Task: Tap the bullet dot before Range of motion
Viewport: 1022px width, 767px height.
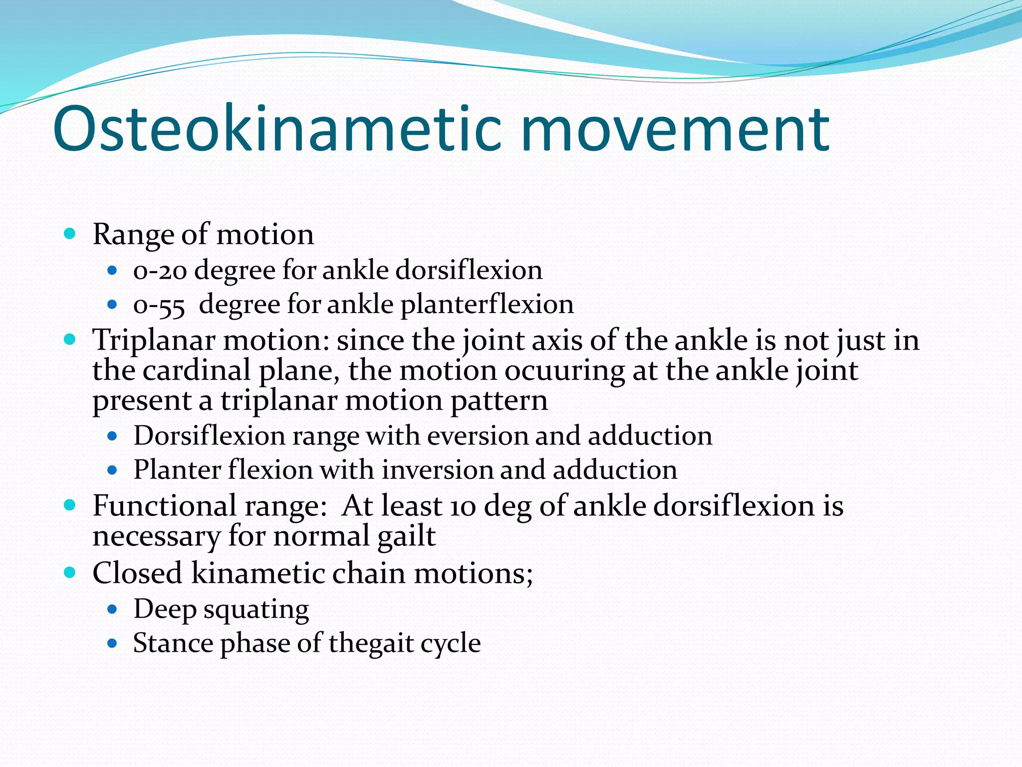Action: tap(70, 233)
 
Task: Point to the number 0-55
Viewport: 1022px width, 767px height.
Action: tap(159, 305)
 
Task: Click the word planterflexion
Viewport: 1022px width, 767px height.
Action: tap(487, 305)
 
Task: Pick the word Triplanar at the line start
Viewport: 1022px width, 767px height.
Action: tap(154, 341)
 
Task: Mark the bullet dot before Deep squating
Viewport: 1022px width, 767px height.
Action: tap(112, 609)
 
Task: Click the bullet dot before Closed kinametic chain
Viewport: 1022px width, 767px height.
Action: tap(70, 572)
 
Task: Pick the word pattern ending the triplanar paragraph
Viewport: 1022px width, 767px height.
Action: tap(499, 400)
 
